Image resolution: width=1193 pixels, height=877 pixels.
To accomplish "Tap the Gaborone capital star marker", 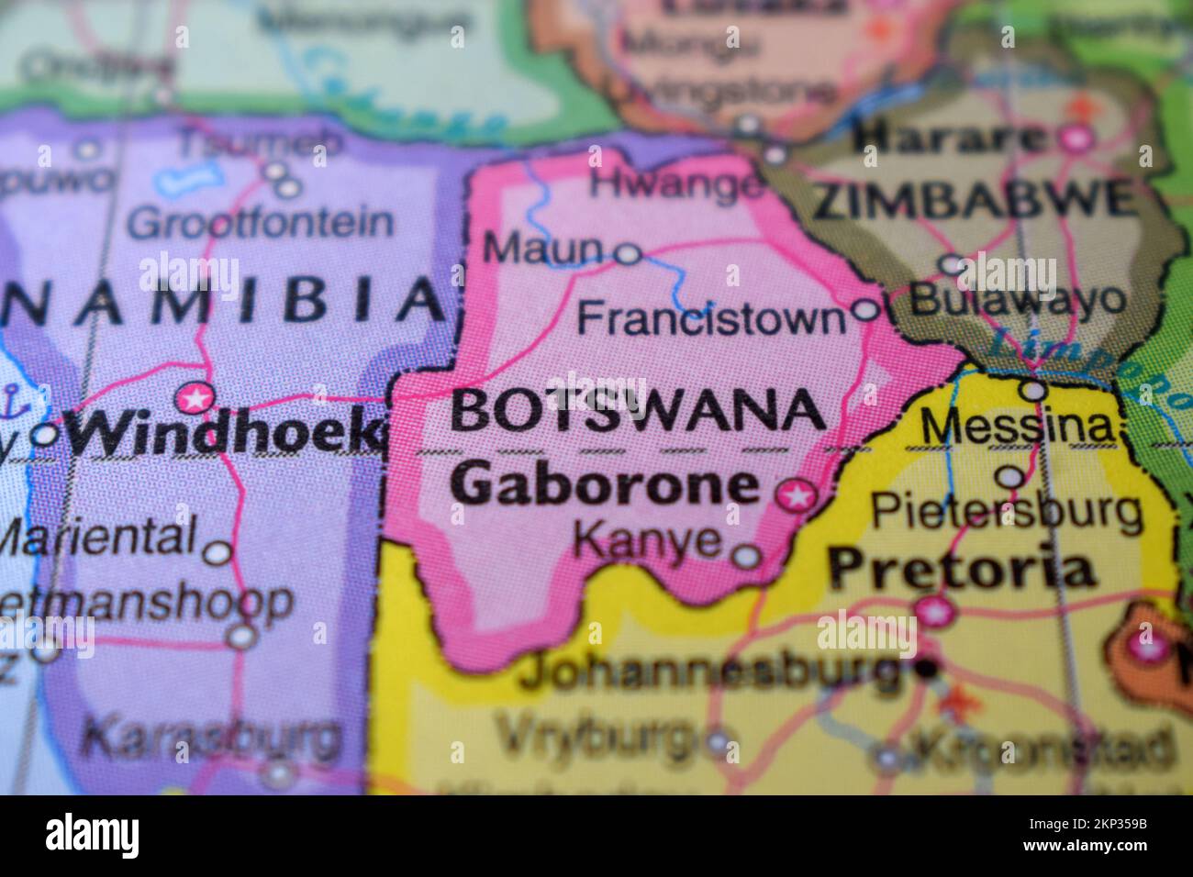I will click(796, 496).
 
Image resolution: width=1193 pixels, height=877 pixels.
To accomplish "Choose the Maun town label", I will click(543, 248).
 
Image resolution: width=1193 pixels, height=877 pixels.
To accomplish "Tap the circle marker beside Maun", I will click(627, 253).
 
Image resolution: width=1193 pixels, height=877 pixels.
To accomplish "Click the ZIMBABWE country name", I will click(973, 200).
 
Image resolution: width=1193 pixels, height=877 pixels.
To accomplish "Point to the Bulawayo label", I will click(1019, 299).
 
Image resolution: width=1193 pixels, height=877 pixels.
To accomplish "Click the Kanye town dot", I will click(747, 554).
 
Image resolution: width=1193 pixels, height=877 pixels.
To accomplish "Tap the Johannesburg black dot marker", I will click(929, 669).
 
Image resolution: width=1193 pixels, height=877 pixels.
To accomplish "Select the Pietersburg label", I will click(1006, 510).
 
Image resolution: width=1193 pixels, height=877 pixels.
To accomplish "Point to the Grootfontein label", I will click(261, 223).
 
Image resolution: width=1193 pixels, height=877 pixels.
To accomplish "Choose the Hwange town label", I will click(676, 184).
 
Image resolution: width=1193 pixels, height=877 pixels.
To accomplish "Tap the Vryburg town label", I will click(596, 735).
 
